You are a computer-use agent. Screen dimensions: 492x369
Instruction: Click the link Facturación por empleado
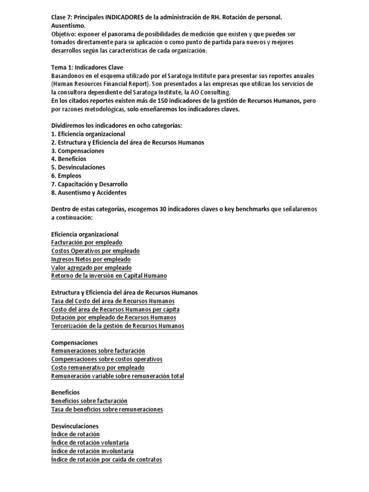(86, 243)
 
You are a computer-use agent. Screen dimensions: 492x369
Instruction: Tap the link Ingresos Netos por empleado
(91, 259)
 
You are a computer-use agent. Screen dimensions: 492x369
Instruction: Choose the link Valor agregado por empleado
(91, 268)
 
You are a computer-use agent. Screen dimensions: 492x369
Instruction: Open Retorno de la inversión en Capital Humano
(109, 276)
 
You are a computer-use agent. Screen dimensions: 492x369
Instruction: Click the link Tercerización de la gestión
(117, 326)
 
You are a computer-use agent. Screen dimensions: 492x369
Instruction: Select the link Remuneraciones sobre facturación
(98, 351)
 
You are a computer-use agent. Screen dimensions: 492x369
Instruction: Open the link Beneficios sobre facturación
(89, 401)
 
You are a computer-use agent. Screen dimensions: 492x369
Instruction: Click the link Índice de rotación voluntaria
(90, 443)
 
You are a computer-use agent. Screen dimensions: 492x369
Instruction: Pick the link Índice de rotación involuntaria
(92, 451)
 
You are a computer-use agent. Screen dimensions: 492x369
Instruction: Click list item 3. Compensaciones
(77, 151)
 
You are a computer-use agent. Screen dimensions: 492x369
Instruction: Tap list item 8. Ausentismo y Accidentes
(89, 193)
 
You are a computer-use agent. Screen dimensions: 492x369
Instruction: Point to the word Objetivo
(63, 34)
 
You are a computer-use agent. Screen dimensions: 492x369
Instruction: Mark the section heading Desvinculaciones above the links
(74, 426)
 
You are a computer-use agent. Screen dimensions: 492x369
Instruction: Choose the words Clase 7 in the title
(61, 17)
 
